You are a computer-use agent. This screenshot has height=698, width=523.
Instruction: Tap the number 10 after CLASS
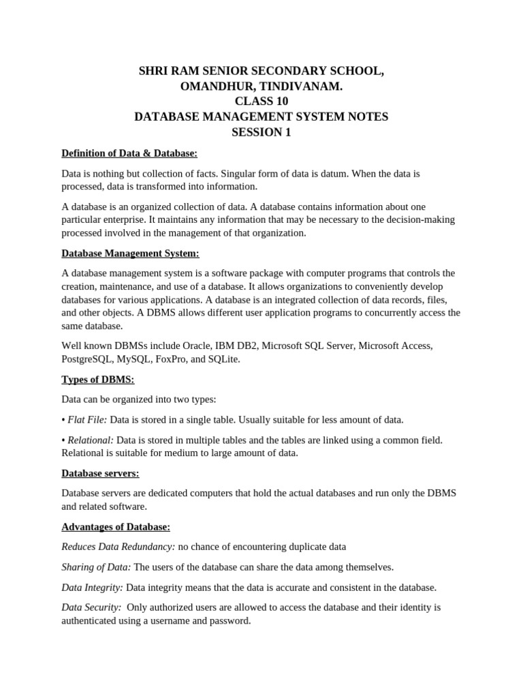coord(282,102)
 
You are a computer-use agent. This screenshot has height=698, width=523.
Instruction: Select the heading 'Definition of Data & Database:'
coord(129,153)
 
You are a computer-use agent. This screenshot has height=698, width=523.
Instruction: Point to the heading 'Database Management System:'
coord(131,254)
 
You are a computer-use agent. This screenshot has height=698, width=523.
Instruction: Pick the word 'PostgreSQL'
coord(87,359)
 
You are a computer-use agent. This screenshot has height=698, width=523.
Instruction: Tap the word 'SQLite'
coord(223,359)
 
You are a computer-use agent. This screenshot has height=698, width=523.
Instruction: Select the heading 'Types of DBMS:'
coord(98,379)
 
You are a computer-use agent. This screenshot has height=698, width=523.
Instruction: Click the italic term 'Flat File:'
coord(87,419)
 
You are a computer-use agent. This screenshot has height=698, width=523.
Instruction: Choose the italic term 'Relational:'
coord(91,440)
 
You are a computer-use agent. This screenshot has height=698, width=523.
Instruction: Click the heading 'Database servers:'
coord(100,473)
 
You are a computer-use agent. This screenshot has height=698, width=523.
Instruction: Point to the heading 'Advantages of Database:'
coord(116,526)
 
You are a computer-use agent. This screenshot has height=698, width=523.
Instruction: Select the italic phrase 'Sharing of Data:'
coord(97,567)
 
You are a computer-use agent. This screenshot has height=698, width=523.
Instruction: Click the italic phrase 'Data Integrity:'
coord(93,587)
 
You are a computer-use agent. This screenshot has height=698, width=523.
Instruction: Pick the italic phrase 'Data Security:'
coord(91,607)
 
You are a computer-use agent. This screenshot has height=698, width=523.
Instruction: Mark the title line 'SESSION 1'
coord(261,132)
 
